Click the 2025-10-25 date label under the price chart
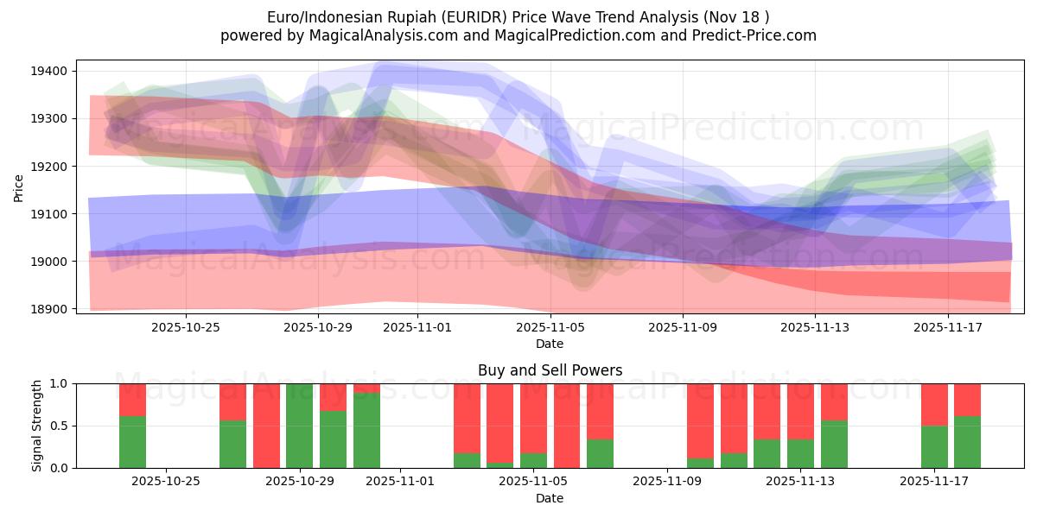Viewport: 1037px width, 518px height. [186, 327]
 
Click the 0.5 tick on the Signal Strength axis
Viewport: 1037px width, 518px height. [61, 426]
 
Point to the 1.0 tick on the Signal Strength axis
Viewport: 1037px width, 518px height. [61, 383]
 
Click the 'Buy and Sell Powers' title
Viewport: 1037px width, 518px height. [550, 370]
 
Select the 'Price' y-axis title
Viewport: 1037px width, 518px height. [19, 187]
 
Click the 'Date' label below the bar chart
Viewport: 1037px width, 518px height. [550, 498]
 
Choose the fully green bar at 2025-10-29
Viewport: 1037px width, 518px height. [300, 426]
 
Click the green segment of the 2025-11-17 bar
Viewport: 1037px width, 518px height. [934, 446]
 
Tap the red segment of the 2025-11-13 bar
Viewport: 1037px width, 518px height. [801, 411]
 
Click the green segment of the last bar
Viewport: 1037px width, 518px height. [968, 442]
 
